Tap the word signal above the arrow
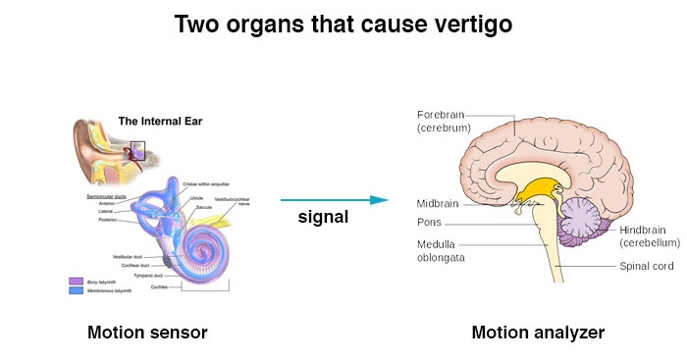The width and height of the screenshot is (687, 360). [x=323, y=217]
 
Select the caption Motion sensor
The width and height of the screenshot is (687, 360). [x=147, y=333]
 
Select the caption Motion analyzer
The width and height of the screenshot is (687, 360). [x=538, y=333]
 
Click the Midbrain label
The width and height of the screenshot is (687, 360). [x=437, y=203]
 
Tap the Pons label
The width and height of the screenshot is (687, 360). [x=429, y=223]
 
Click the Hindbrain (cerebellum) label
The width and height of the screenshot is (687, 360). [x=650, y=235]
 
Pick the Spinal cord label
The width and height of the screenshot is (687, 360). [x=645, y=266]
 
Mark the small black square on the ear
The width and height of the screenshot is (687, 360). [x=137, y=151]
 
